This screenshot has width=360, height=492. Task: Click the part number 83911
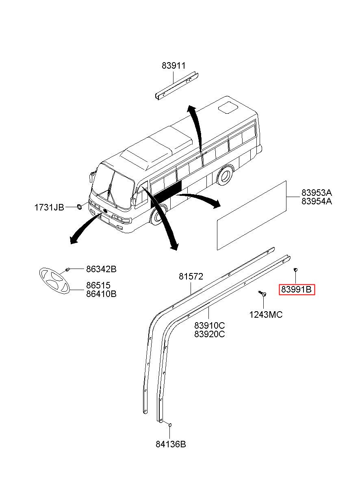(x=173, y=65)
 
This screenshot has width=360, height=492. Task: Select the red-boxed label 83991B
(x=297, y=290)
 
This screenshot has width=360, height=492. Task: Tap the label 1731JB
(x=49, y=207)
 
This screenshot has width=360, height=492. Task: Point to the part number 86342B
(x=101, y=269)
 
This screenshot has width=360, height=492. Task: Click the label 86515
(x=98, y=285)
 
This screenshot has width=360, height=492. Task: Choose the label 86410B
(x=101, y=294)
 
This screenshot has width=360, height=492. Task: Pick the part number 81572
(x=191, y=277)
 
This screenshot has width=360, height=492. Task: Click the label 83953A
(x=317, y=193)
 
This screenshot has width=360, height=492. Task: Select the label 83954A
(x=317, y=201)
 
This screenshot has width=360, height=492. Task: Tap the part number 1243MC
(x=266, y=315)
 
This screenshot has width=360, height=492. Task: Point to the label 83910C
(x=210, y=325)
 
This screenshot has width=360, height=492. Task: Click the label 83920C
(x=210, y=334)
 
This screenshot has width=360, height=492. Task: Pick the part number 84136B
(x=171, y=444)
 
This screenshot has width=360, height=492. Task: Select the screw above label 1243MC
(x=262, y=293)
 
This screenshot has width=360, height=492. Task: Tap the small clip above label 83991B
(x=295, y=269)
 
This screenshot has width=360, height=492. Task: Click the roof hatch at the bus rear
(x=228, y=107)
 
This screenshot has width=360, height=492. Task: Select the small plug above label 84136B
(x=170, y=425)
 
